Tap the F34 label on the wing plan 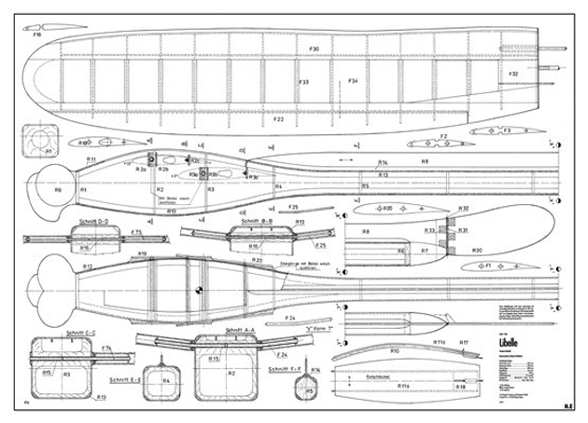tap(353, 82)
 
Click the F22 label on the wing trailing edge tap(278, 120)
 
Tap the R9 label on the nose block tap(58, 189)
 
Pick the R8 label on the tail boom tap(424, 161)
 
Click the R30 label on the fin tap(476, 250)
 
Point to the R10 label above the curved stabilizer tap(395, 350)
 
